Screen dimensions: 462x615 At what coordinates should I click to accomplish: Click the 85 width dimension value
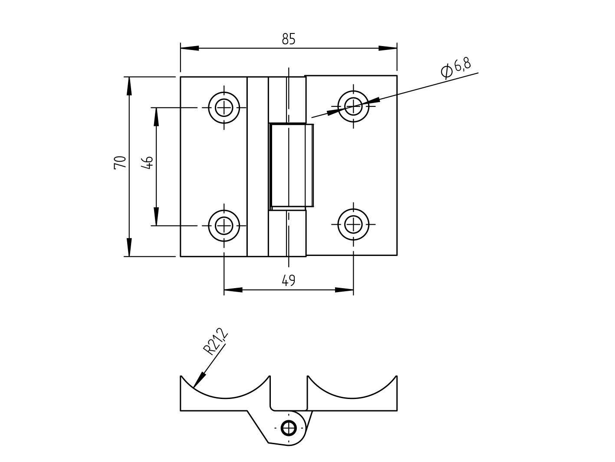(288, 39)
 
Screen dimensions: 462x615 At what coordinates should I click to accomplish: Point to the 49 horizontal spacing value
(288, 280)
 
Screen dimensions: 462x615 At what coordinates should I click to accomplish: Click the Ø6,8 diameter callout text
(456, 67)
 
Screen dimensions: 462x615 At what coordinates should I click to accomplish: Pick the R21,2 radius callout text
(215, 342)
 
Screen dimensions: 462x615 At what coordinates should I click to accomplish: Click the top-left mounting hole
(224, 107)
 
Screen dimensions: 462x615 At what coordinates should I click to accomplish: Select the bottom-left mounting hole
(224, 225)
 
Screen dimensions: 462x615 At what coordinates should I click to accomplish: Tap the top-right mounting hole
(353, 106)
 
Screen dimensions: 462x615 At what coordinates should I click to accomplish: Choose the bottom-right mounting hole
(353, 224)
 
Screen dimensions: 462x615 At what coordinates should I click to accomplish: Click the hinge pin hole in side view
(289, 428)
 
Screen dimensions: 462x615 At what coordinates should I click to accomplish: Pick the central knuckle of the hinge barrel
(291, 165)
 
